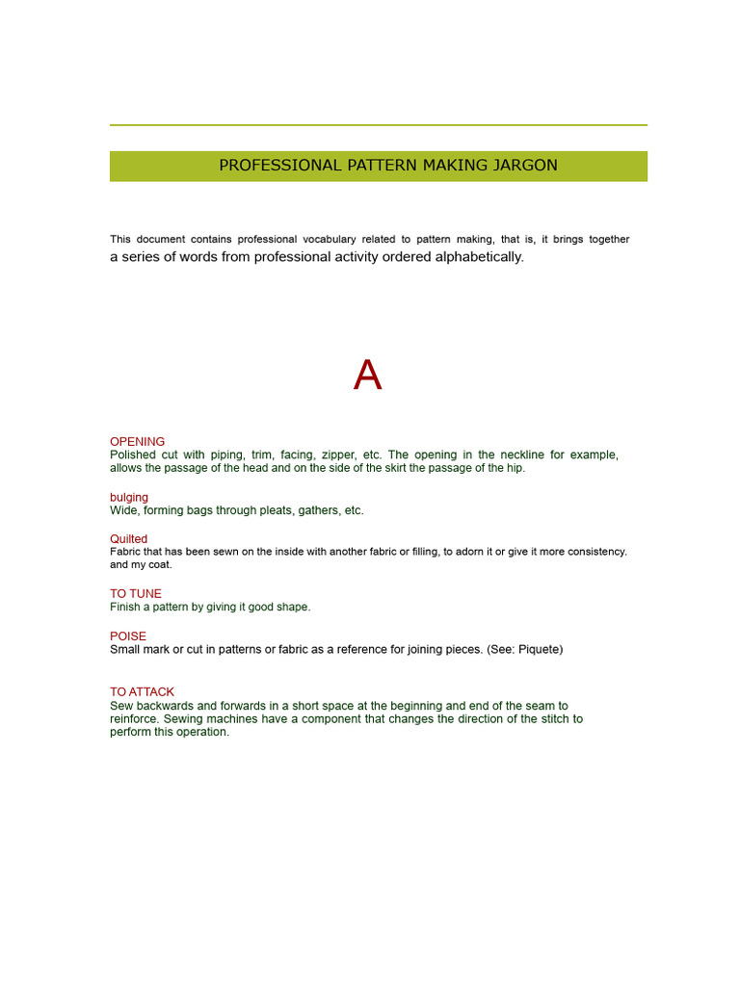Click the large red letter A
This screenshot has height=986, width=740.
[367, 376]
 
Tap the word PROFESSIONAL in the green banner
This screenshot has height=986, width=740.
[265, 166]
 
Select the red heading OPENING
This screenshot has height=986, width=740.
[137, 442]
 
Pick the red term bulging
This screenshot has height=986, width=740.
[129, 498]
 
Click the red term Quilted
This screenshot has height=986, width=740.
[129, 539]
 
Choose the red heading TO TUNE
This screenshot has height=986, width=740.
[136, 594]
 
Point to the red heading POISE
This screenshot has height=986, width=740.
[128, 636]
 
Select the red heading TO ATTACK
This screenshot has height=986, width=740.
[142, 692]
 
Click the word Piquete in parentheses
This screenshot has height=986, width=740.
[539, 650]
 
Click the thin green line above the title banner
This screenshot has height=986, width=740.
[378, 125]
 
